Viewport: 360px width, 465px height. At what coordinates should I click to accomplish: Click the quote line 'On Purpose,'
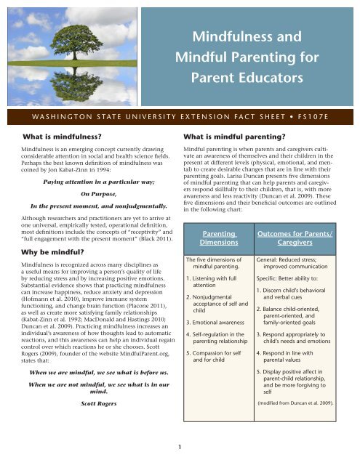point(89,174)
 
